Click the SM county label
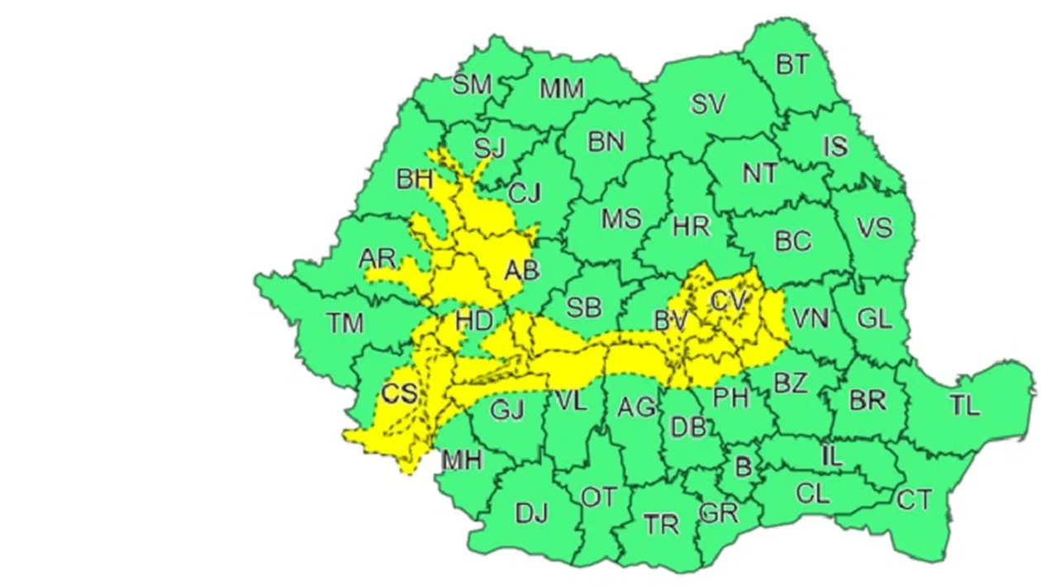point(473,83)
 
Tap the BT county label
point(792,64)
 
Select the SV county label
point(708,104)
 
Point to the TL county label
point(964,406)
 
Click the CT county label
point(915,500)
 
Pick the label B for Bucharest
point(744,467)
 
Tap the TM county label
point(345,323)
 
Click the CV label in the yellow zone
point(728,302)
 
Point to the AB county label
point(521,269)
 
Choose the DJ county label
point(532,513)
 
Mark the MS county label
point(620,219)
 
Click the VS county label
point(874,227)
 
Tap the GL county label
point(875,318)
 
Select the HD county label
point(473,320)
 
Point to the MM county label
point(562,88)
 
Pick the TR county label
point(661,523)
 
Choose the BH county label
point(415,179)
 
